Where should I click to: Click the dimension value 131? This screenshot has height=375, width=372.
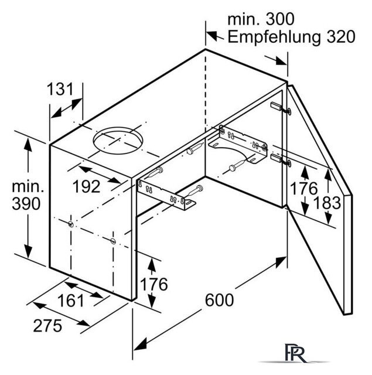(x=60, y=90)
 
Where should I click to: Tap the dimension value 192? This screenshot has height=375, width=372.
(x=86, y=186)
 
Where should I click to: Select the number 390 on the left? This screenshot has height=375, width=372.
(x=26, y=204)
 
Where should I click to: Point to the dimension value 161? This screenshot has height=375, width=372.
(x=71, y=301)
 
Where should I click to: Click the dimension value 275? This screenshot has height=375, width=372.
(x=47, y=326)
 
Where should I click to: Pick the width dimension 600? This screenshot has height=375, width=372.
(x=219, y=300)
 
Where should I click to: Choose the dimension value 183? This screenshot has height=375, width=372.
(x=327, y=203)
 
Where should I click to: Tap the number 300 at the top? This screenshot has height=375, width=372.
(x=279, y=19)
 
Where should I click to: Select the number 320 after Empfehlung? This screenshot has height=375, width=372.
(x=341, y=37)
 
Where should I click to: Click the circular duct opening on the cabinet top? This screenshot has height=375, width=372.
(x=118, y=141)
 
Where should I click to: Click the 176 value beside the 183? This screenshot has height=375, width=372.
(x=303, y=189)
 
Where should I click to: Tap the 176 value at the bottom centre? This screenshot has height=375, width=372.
(x=154, y=284)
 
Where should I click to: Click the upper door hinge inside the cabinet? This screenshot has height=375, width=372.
(x=281, y=108)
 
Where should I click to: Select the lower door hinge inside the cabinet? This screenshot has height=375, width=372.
(x=281, y=160)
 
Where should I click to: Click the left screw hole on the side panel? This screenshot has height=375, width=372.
(x=71, y=224)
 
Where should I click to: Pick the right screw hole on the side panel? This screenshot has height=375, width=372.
(x=113, y=241)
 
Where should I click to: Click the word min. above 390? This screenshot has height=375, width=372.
(x=28, y=186)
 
